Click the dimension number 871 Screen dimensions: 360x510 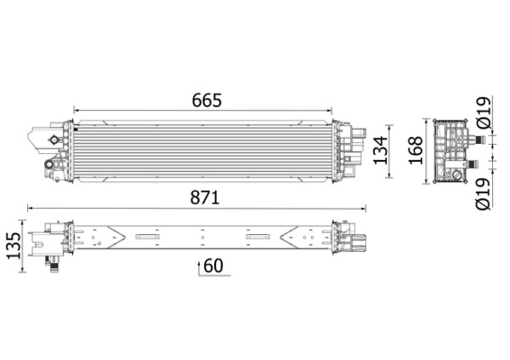tap(204, 196)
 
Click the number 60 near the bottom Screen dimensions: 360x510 tap(213, 265)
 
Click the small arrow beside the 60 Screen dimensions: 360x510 tap(197, 267)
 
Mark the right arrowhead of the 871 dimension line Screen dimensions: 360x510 tap(365, 208)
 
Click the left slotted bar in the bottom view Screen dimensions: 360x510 tap(146, 238)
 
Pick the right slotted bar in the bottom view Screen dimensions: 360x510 tap(259, 238)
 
